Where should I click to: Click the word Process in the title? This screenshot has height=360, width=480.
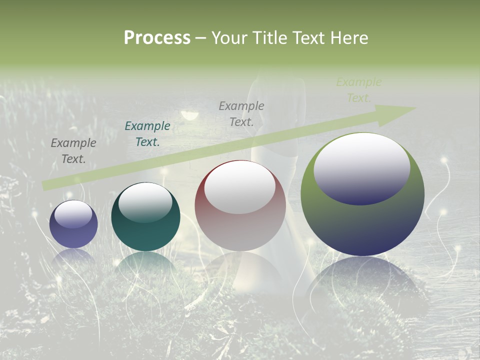click(x=157, y=38)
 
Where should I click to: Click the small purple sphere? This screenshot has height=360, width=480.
click(x=73, y=224)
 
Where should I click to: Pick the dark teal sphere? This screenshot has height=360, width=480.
click(x=145, y=217)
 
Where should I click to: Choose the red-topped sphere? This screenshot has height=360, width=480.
click(x=240, y=206)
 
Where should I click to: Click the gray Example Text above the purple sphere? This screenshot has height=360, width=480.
click(x=73, y=150)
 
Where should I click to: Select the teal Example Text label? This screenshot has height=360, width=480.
click(x=147, y=134)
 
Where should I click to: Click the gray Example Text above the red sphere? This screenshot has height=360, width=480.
click(x=241, y=113)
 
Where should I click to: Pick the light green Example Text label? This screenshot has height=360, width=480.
click(x=359, y=90)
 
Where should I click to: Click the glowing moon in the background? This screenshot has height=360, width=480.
click(x=189, y=116)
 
